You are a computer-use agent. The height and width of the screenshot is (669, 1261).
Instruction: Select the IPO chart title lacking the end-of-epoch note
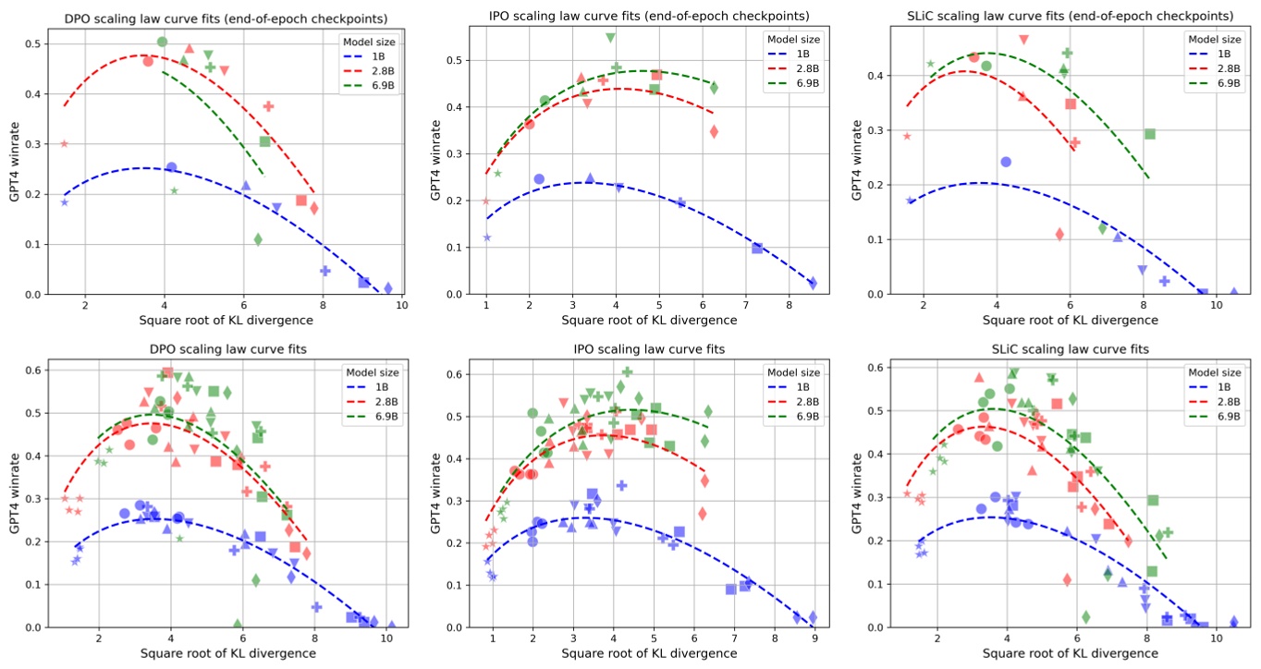pyautogui.click(x=643, y=348)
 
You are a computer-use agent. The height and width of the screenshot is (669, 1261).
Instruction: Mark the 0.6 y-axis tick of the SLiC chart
pyautogui.click(x=872, y=367)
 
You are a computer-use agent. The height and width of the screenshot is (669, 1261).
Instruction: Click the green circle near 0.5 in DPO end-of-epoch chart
pyautogui.click(x=163, y=42)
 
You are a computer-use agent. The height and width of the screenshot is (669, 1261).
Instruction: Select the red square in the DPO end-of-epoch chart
pyautogui.click(x=301, y=201)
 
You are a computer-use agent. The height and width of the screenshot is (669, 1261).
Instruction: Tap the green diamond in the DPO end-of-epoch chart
pyautogui.click(x=258, y=239)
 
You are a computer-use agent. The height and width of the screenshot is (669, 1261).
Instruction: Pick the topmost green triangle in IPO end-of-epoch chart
pyautogui.click(x=611, y=37)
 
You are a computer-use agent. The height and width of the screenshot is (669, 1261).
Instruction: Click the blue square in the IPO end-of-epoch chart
pyautogui.click(x=757, y=248)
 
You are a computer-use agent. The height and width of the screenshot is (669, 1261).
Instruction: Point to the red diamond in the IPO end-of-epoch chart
pyautogui.click(x=714, y=131)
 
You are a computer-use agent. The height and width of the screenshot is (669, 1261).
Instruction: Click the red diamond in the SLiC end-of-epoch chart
pyautogui.click(x=1059, y=234)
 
